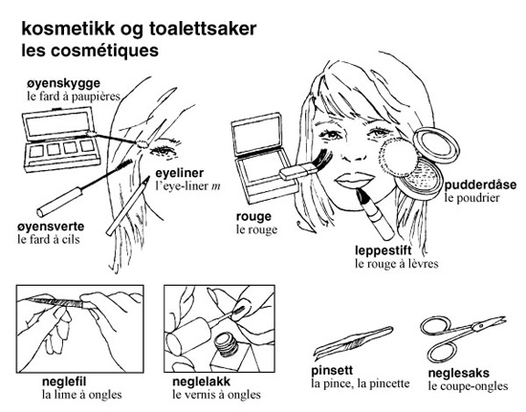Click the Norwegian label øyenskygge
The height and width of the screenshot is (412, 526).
tap(63, 83)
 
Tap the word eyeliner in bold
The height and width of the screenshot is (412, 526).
tap(180, 173)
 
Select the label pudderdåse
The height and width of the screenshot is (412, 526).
tap(480, 185)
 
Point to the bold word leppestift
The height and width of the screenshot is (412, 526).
tap(384, 250)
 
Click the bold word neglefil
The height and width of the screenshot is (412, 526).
tap(64, 381)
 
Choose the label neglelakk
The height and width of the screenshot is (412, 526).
tap(201, 381)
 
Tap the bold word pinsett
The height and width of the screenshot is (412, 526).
tap(332, 371)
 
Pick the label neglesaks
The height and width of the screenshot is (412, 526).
tap(458, 373)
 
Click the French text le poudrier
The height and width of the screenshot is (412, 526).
tap(472, 198)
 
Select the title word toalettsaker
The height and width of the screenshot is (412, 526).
tap(203, 29)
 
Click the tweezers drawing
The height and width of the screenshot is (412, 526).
tap(352, 341)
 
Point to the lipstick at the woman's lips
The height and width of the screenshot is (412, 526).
tap(374, 213)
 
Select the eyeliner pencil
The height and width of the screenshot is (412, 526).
tap(128, 206)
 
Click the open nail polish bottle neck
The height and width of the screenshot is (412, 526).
tap(227, 345)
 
